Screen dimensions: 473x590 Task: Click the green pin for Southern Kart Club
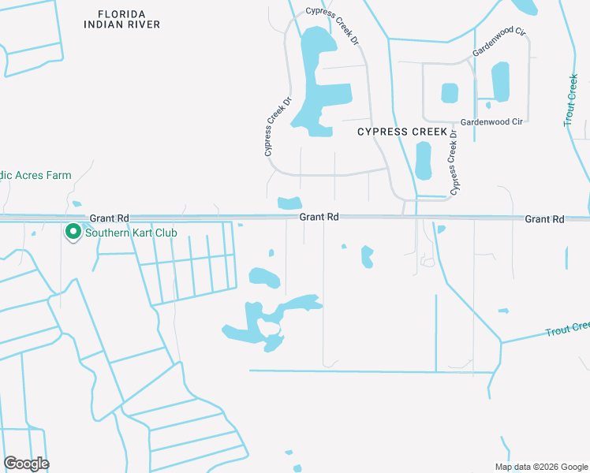click(73, 233)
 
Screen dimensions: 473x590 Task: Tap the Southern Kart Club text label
click(131, 233)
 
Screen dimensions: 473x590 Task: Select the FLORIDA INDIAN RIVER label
click(122, 19)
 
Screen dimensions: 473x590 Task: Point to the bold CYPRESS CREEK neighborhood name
click(402, 132)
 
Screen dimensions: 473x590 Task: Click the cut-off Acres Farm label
click(35, 175)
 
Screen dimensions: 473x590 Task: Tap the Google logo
click(26, 464)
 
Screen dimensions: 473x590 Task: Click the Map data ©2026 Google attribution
click(540, 466)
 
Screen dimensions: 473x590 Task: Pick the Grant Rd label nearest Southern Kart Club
click(109, 218)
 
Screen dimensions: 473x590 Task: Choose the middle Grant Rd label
click(319, 217)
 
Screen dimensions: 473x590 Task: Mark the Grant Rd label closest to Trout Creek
click(545, 218)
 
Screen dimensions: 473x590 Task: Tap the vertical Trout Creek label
click(572, 101)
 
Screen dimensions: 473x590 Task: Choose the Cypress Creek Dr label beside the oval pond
click(454, 162)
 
